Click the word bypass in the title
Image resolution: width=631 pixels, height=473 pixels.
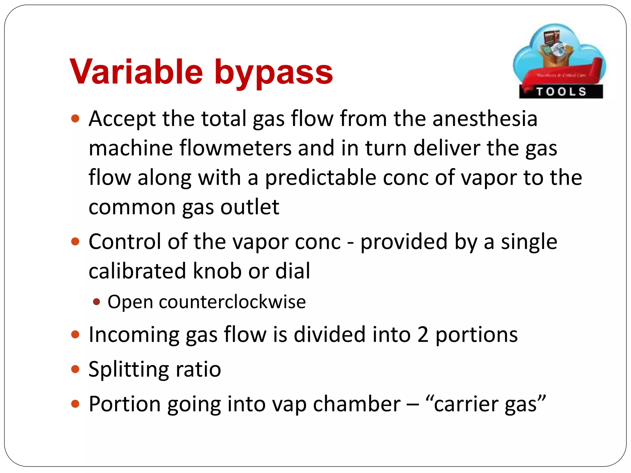[273, 73]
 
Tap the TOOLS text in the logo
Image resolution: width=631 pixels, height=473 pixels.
[561, 92]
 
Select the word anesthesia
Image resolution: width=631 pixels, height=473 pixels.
[485, 119]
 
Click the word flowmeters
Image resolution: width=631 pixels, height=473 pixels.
[236, 148]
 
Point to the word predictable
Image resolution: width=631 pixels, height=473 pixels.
[320, 178]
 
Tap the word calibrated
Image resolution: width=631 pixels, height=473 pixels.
[137, 271]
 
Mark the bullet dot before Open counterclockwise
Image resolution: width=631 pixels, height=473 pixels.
[96, 301]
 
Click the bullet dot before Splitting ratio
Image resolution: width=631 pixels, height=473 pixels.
[75, 369]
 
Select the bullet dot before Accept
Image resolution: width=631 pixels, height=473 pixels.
[75, 119]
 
